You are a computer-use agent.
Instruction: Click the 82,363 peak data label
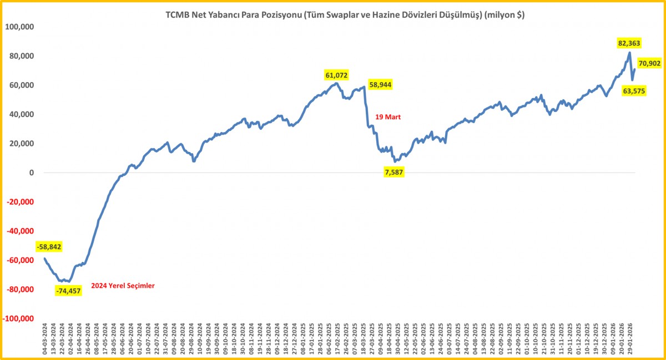629,43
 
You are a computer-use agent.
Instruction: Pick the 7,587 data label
394,173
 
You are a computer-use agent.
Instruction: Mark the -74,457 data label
68,290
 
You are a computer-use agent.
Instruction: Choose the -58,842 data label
49,247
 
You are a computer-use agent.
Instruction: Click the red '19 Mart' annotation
388,117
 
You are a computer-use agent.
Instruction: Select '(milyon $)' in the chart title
504,16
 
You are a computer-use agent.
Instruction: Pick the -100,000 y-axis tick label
18,319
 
